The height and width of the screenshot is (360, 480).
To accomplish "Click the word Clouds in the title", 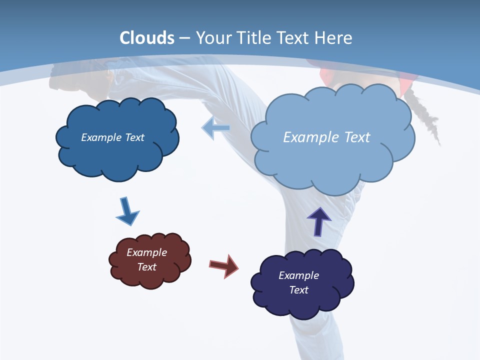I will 147,38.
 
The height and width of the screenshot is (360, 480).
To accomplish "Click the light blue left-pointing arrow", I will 216,128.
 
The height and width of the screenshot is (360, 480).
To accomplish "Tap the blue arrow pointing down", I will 127,211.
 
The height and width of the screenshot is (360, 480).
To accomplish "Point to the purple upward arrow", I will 319,221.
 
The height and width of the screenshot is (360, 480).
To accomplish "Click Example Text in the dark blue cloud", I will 112,137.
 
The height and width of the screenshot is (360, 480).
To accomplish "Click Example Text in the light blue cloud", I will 326,137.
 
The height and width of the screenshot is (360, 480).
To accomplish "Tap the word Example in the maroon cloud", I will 146,252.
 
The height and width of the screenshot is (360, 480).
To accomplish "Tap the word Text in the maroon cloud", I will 146,267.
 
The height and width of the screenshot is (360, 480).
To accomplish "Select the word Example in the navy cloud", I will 298,275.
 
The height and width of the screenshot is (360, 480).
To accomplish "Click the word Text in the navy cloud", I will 298,290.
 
